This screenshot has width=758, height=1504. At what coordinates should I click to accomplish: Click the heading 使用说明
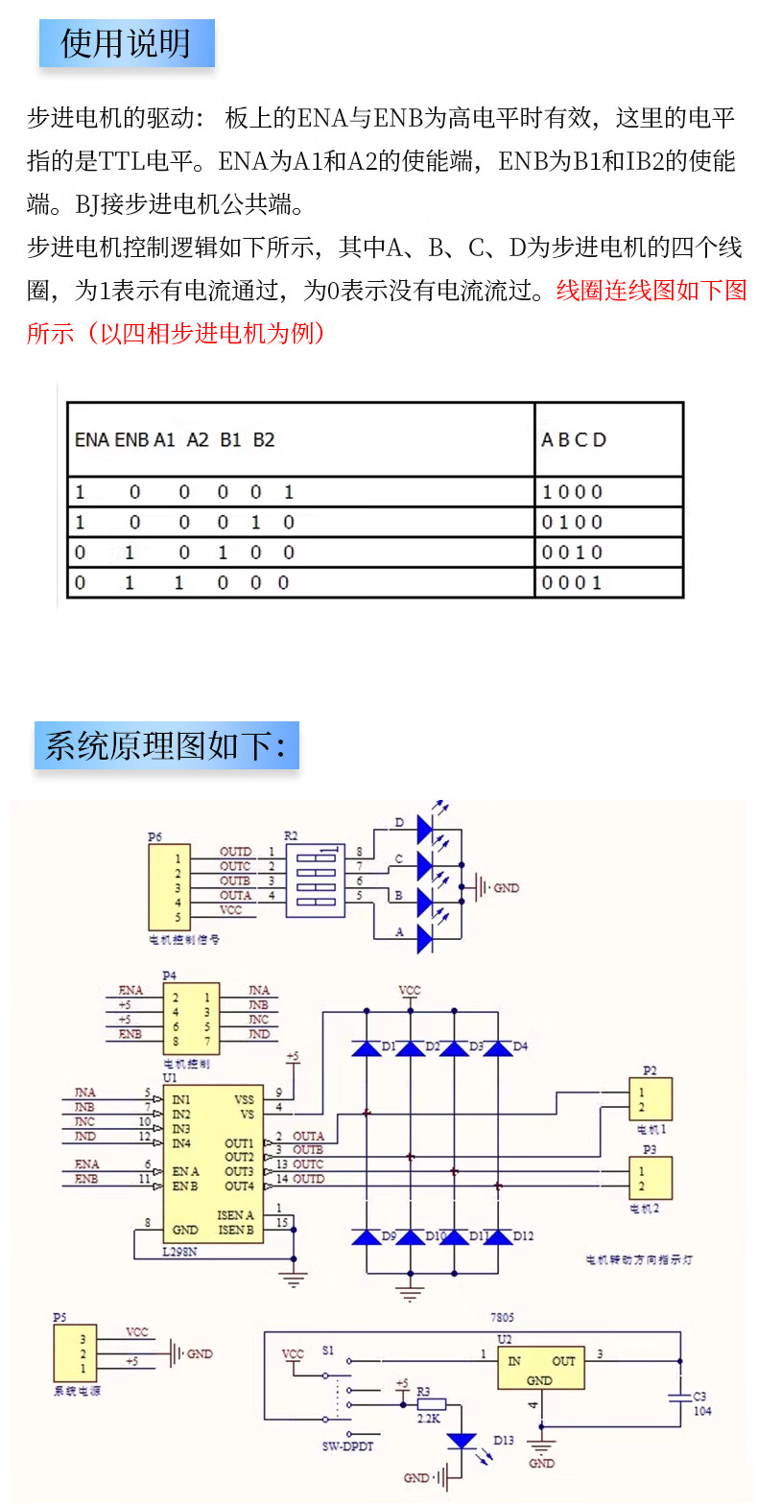126,44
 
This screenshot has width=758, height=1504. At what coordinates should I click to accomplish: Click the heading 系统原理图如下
166,745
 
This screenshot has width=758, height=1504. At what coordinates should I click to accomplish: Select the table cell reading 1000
573,492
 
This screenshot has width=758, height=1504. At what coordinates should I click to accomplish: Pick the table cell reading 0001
573,582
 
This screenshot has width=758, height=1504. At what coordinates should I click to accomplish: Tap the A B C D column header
574,440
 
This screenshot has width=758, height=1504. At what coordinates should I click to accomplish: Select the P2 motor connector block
650,1099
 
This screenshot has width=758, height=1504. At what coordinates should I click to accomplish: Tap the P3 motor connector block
650,1178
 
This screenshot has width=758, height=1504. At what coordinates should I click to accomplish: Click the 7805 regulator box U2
540,1368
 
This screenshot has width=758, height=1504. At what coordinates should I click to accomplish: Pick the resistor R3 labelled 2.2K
431,1404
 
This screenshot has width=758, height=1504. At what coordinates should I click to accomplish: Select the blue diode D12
498,1237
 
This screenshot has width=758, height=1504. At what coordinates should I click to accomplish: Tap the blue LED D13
463,1441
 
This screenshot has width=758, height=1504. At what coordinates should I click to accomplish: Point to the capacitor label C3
699,1396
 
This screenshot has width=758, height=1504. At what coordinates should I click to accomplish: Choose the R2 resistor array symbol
314,881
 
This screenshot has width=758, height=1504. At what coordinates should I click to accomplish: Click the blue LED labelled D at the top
426,824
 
